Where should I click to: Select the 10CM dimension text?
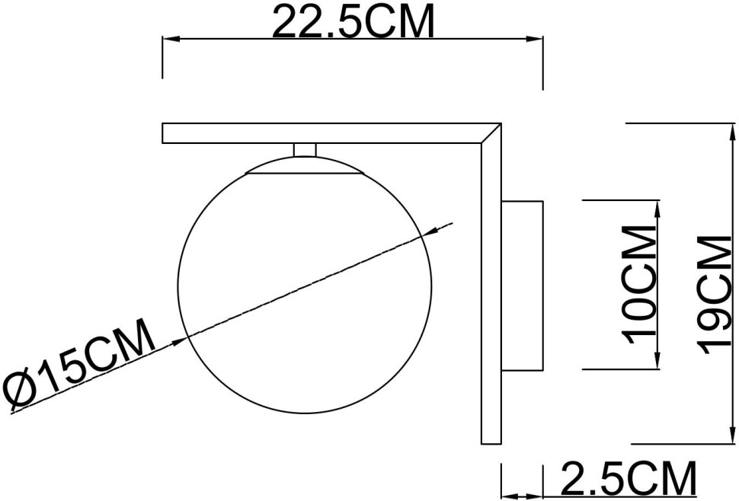coord(638,283)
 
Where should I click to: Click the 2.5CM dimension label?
coord(629,480)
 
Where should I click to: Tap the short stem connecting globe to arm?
coord(305,149)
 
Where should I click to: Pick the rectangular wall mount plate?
coord(521,285)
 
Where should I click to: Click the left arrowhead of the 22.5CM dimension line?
coord(169,38)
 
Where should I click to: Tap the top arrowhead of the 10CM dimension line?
coord(656,206)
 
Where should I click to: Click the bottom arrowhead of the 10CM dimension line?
coord(656,362)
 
